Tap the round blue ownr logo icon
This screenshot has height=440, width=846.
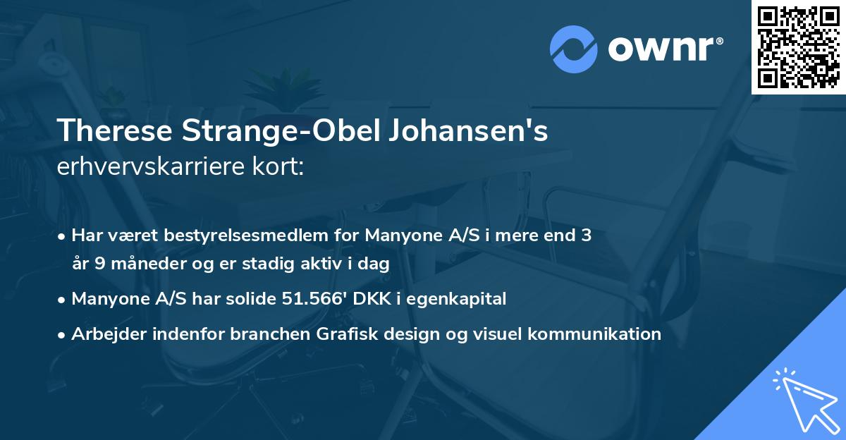click(573, 49)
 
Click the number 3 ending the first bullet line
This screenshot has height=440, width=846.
click(586, 236)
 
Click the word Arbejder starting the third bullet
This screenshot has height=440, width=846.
click(105, 334)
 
